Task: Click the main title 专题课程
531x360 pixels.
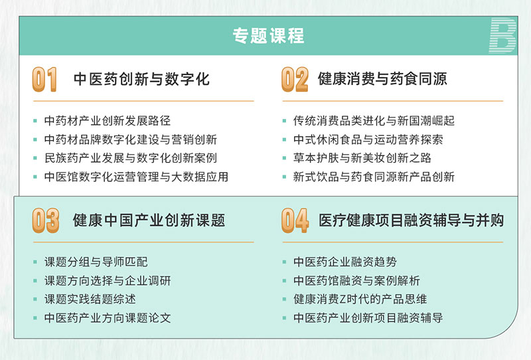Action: (x=268, y=36)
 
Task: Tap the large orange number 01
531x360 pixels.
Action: (x=44, y=79)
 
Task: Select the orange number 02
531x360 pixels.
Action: (x=295, y=79)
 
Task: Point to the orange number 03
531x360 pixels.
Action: (x=45, y=221)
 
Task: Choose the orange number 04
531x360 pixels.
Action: (x=295, y=221)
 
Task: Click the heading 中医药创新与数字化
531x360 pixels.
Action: (x=141, y=79)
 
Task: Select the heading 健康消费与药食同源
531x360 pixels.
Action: (x=382, y=78)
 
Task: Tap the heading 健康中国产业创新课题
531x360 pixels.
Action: (x=149, y=221)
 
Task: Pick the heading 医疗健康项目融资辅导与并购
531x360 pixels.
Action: (x=411, y=221)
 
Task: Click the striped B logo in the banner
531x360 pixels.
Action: (x=502, y=36)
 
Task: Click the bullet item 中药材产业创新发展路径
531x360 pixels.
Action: (x=108, y=121)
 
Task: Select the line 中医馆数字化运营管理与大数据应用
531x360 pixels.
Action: (x=136, y=177)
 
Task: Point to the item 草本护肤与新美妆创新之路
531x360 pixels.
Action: (x=362, y=158)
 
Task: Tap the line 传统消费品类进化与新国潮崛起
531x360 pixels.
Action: (x=374, y=121)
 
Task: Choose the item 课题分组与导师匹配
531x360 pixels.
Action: (x=96, y=262)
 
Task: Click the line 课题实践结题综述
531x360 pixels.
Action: (x=90, y=299)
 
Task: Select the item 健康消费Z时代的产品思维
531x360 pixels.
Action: (x=360, y=299)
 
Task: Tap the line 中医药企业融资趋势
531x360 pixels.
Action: (x=345, y=262)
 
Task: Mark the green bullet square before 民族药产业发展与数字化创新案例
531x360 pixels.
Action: (x=35, y=158)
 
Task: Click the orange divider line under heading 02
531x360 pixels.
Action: (x=393, y=101)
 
